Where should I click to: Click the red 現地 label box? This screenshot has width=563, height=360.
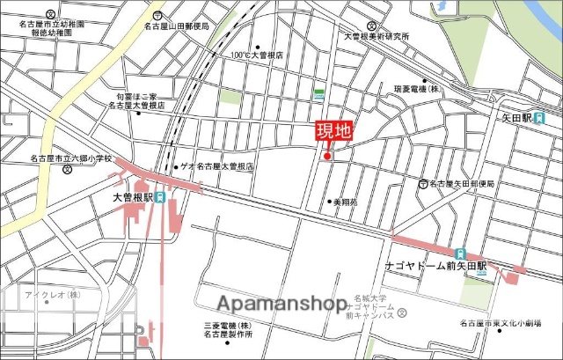[x=333, y=132]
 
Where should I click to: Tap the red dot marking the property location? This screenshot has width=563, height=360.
[x=327, y=157]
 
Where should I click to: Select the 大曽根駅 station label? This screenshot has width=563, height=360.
[x=132, y=198]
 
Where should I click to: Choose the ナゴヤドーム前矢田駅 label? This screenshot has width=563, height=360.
[x=428, y=264]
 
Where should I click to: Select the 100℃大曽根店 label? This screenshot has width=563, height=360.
[x=259, y=55]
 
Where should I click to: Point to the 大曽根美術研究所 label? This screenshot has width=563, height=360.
[x=376, y=37]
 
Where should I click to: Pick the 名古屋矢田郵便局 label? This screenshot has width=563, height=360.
[x=462, y=184]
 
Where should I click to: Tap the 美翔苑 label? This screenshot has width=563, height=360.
[x=344, y=202]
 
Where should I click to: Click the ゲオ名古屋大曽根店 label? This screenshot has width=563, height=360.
[x=216, y=166]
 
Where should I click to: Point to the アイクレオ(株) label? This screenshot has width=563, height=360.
[x=52, y=294]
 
